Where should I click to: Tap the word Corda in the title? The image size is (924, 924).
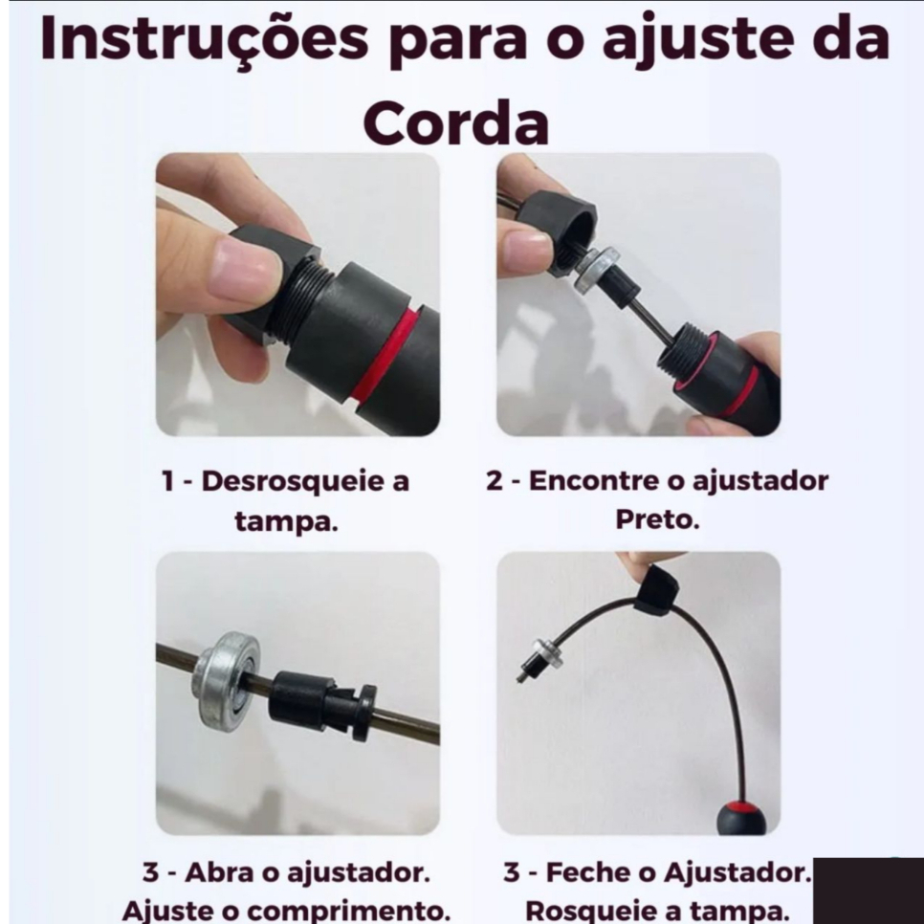pyautogui.click(x=456, y=123)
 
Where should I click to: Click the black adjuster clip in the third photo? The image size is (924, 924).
pyautogui.click(x=321, y=703)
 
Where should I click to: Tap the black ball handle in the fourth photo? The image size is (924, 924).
pyautogui.click(x=741, y=817)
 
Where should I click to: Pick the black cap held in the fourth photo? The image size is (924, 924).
pyautogui.click(x=656, y=590)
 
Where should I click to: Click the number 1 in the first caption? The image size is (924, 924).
pyautogui.click(x=168, y=482)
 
